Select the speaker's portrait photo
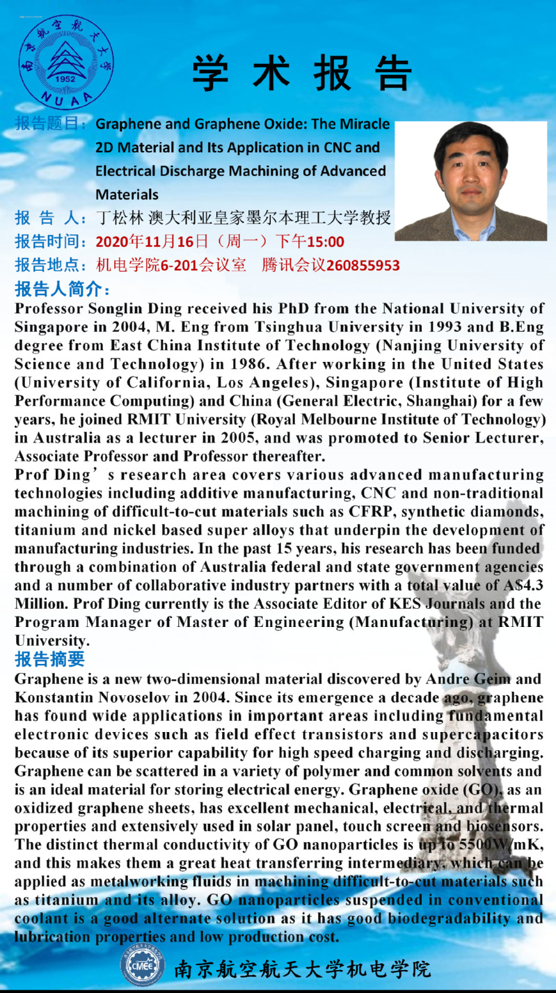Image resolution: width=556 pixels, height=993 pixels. [x=470, y=181]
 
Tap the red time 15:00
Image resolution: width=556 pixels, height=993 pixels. [x=326, y=242]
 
